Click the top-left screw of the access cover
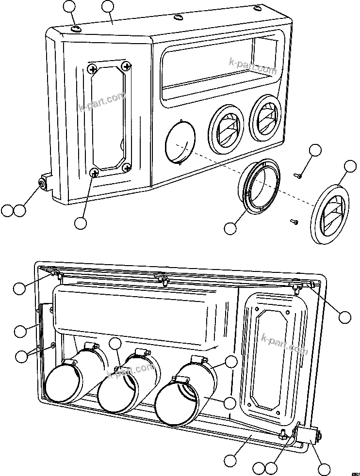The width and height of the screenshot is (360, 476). pyautogui.click(x=92, y=70)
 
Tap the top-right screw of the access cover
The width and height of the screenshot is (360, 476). pyautogui.click(x=127, y=65)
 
